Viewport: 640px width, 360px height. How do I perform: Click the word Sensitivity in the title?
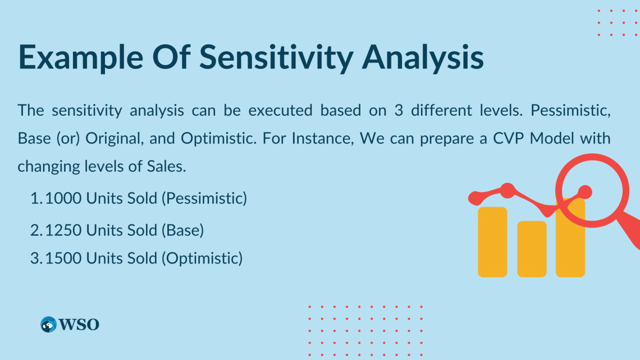point(276,57)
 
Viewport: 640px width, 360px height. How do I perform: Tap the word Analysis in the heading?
point(423,57)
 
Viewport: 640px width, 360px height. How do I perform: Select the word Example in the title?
point(81,57)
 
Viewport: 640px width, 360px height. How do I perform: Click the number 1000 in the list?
point(63,198)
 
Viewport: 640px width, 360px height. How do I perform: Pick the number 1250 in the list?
point(63,230)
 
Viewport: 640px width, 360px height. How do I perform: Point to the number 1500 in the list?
point(63,258)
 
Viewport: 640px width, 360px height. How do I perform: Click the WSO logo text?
point(79,325)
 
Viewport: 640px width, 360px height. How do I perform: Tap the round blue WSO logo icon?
point(49,325)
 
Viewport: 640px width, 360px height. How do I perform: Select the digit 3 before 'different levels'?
point(399,111)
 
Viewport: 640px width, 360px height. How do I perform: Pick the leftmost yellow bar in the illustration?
point(492,242)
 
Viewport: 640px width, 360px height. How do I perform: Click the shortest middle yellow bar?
point(532,249)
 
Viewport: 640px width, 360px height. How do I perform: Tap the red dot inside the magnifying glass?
point(585,192)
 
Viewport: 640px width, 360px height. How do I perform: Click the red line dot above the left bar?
point(508,190)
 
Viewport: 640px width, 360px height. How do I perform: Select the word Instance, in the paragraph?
point(322,139)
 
